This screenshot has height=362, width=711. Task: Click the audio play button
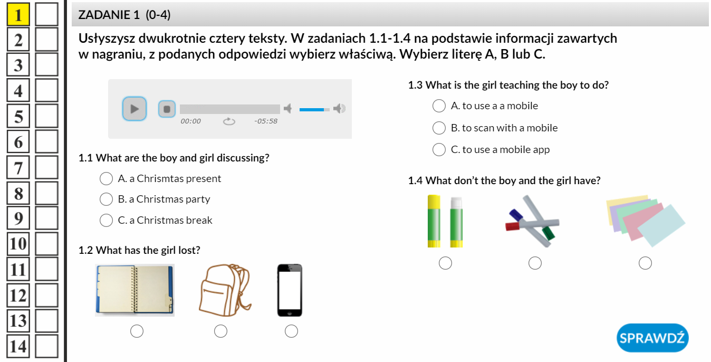click(134, 109)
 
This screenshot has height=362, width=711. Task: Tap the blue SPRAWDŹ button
click(652, 338)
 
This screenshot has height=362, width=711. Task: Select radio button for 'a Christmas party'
click(106, 199)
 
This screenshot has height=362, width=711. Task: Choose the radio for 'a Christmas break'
click(106, 220)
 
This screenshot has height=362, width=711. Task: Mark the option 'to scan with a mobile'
click(439, 128)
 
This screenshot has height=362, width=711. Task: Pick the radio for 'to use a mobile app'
click(439, 149)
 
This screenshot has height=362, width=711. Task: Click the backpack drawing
click(225, 290)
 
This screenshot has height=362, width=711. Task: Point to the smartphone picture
click(290, 290)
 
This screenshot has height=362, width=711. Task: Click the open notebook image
click(134, 290)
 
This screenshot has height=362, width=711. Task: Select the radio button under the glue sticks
click(445, 263)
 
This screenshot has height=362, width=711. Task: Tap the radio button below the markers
click(535, 263)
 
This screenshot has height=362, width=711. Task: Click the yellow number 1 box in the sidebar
click(18, 14)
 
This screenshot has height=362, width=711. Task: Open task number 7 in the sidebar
click(18, 167)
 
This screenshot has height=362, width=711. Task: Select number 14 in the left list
click(18, 346)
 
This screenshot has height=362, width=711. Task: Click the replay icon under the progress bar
click(229, 121)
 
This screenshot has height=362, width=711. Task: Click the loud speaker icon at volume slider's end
click(339, 109)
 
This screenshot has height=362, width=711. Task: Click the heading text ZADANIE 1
click(109, 15)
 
